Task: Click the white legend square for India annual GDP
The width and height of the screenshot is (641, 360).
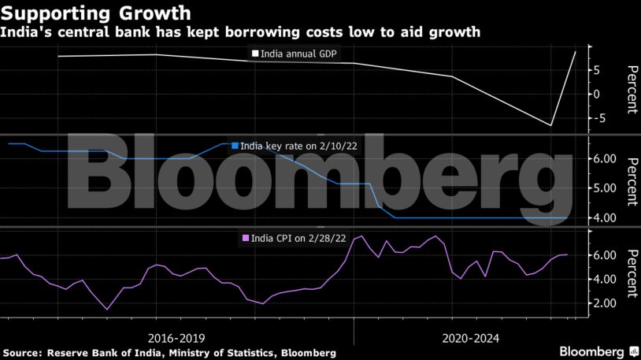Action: tap(254, 54)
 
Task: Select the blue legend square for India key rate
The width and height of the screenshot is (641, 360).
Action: tap(235, 146)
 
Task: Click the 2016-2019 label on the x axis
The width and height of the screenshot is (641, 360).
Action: tap(180, 334)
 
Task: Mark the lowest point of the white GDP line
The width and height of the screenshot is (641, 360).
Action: tap(551, 125)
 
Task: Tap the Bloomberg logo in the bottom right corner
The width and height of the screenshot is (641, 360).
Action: tap(591, 351)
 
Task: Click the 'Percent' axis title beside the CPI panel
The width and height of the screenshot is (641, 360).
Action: tap(630, 273)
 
